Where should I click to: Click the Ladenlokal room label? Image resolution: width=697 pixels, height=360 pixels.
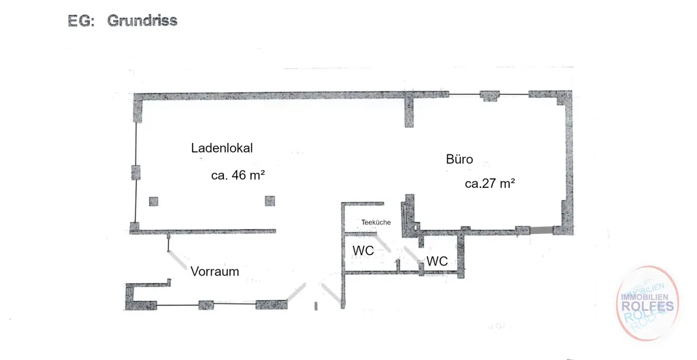tap(222, 148)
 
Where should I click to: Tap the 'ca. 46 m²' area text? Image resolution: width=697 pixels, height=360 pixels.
tap(238, 175)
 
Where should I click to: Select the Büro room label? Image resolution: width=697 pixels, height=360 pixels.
tap(459, 159)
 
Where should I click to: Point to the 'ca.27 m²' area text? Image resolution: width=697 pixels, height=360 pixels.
tap(490, 184)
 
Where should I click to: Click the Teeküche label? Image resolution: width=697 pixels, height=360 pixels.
tap(376, 223)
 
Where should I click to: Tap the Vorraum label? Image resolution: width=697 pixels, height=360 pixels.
tap(214, 272)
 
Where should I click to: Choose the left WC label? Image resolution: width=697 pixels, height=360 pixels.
tap(363, 250)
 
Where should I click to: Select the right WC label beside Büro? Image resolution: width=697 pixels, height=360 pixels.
tap(438, 261)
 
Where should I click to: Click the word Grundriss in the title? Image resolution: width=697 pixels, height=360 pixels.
tap(142, 20)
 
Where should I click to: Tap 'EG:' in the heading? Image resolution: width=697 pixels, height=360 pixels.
tap(82, 21)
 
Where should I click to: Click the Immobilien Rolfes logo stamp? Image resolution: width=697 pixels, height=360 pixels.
tap(647, 304)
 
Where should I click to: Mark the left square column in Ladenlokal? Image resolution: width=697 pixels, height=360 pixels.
tap(153, 201)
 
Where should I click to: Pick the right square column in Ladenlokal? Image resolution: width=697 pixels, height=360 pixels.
tap(270, 201)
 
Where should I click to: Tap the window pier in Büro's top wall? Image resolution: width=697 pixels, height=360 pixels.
tap(489, 95)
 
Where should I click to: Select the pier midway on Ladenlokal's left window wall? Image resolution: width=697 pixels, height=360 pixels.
tap(136, 172)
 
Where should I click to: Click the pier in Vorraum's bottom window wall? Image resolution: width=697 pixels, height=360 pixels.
tap(206, 305)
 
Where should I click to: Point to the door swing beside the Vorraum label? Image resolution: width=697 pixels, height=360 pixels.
tap(178, 260)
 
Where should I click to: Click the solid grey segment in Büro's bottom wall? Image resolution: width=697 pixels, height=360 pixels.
tap(541, 230)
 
